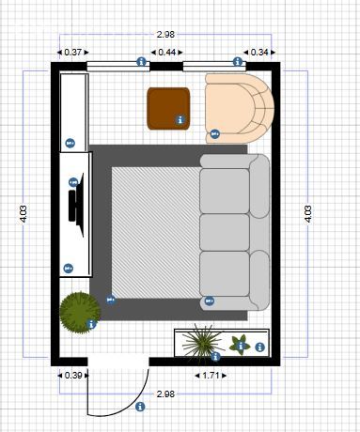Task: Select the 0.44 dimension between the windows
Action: [166, 53]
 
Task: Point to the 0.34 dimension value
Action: [258, 53]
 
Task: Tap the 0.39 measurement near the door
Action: [71, 376]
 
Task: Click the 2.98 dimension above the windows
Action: [165, 35]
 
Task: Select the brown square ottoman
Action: [169, 106]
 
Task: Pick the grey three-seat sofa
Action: [234, 232]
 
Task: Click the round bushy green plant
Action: [78, 310]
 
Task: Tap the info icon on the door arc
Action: [140, 407]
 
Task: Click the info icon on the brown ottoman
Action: [179, 119]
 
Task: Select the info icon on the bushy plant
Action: [91, 324]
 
